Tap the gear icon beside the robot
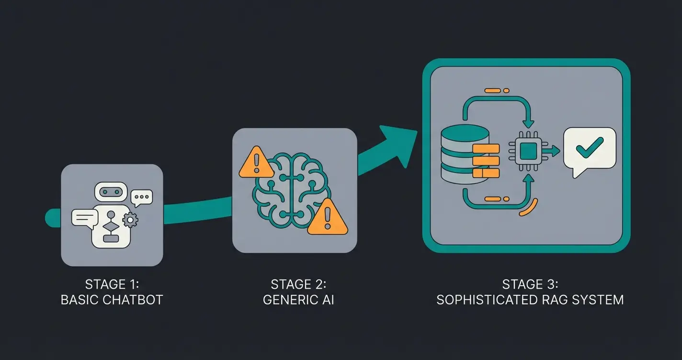click(130, 220)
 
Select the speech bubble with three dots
click(142, 197)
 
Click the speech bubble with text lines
click(85, 218)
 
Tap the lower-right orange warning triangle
click(328, 218)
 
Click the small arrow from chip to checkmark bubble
click(553, 151)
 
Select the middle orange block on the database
click(486, 160)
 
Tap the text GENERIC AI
click(298, 300)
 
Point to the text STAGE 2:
click(298, 284)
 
